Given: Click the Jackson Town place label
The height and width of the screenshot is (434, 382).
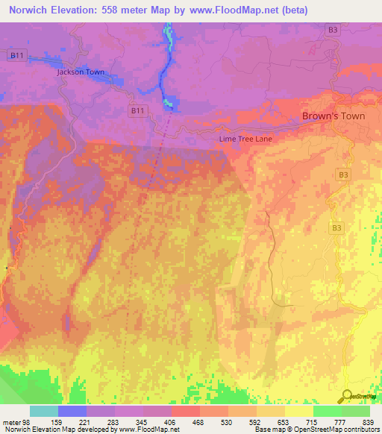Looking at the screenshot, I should [81, 72].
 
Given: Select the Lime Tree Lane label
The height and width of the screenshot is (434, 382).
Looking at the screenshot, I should [245, 139].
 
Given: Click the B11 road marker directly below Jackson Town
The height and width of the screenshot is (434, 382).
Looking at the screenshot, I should [137, 110].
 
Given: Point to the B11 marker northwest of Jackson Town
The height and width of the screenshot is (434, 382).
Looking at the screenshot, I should [15, 55].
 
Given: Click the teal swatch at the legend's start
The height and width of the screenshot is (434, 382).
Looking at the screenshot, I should [44, 411].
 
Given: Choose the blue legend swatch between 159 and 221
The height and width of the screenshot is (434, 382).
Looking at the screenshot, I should [72, 411].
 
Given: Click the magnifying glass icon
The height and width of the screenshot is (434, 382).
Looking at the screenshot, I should [347, 397].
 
